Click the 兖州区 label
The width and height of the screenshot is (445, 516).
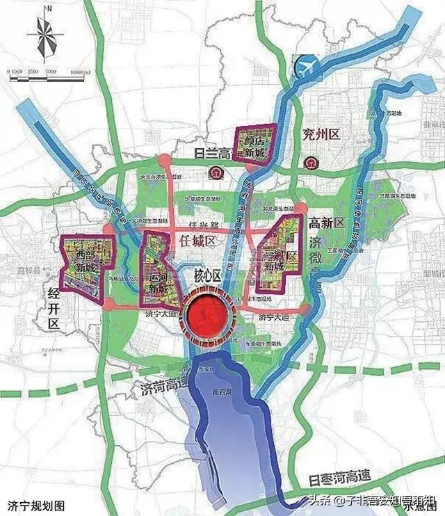(321, 134)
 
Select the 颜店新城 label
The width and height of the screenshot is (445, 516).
(253, 144)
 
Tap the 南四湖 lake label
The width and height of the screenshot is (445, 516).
(222, 389)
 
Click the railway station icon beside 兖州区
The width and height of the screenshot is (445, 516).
(310, 164)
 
